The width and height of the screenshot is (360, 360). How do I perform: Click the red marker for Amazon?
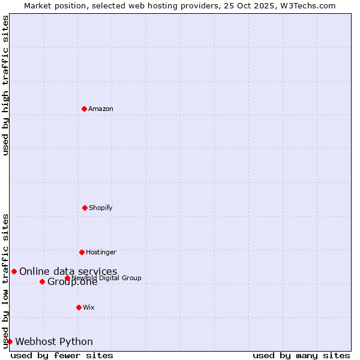tap(84, 109)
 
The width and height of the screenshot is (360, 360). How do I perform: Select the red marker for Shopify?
tap(85, 208)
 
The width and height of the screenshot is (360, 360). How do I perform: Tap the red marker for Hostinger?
tap(82, 252)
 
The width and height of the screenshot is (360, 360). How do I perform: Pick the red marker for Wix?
tap(79, 307)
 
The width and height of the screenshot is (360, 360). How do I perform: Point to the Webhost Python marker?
tap(10, 341)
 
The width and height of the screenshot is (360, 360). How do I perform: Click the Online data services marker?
tap(14, 271)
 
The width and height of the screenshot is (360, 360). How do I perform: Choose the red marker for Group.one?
tap(42, 281)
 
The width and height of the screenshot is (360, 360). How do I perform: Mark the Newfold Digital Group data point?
tap(67, 278)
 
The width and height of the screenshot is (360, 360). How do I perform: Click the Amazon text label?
tap(101, 109)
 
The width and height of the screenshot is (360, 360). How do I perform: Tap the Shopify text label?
tap(101, 208)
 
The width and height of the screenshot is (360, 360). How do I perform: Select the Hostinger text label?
tap(101, 252)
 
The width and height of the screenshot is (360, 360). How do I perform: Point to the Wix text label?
tap(89, 307)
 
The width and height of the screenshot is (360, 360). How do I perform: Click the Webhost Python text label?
tap(54, 341)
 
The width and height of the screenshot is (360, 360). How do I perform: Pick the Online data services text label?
tap(68, 271)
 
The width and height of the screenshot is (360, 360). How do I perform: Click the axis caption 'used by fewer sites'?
tap(62, 355)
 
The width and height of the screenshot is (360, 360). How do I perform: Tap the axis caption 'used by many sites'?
tap(301, 355)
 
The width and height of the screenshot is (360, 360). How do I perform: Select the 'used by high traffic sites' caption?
tap(5, 85)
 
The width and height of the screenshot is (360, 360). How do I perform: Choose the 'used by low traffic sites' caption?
tap(5, 280)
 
